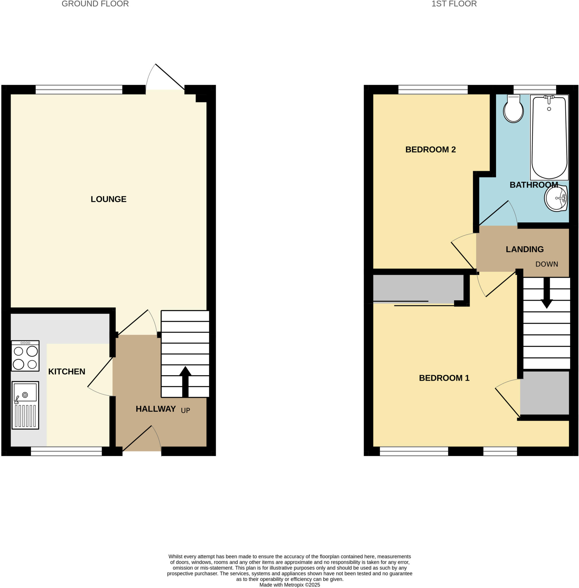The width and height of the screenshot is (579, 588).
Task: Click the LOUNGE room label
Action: tap(108, 199)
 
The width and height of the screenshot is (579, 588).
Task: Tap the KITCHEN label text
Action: tap(67, 371)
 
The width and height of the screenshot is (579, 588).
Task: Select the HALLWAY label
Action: tap(156, 409)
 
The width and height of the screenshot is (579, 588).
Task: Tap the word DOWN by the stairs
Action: tap(547, 264)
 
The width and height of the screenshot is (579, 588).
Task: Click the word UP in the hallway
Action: tap(186, 410)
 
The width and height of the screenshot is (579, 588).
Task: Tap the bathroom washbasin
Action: tap(555, 198)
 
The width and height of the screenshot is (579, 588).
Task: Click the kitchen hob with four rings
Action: tap(25, 356)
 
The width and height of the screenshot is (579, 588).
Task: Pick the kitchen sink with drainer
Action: tap(25, 405)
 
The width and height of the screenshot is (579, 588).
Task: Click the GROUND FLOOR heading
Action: tap(95, 4)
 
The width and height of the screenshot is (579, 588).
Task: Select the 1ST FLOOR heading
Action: tap(454, 4)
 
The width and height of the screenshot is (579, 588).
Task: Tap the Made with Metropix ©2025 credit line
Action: tap(289, 585)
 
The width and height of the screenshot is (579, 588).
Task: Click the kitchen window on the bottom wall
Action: tap(66, 451)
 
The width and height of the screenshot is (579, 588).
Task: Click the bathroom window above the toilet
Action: tap(535, 90)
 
